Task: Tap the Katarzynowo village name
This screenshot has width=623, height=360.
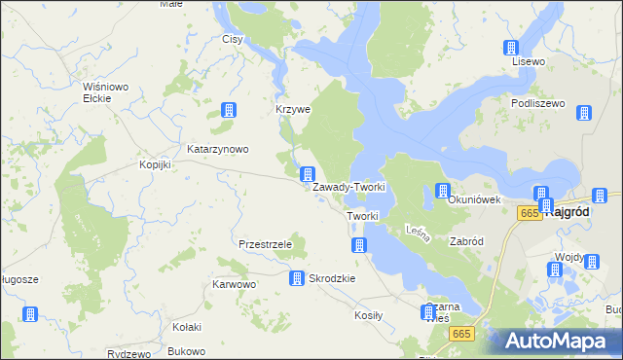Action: (219, 149)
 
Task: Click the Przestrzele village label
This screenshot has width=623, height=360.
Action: (265, 244)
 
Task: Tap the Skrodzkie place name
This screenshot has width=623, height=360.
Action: (332, 278)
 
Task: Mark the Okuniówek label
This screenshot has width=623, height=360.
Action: (474, 199)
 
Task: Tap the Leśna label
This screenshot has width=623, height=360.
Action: (413, 231)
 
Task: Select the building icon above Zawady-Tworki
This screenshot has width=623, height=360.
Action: (307, 174)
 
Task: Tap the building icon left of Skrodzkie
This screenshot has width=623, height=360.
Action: (296, 278)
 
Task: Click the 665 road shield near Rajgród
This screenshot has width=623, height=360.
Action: (530, 213)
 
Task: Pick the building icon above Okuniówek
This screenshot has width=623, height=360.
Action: (443, 191)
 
